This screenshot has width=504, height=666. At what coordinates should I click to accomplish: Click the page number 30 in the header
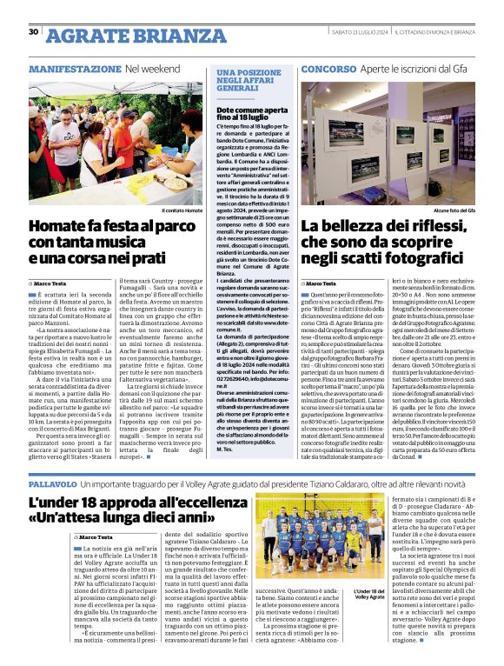34,32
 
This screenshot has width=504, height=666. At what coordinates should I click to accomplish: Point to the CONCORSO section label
328,68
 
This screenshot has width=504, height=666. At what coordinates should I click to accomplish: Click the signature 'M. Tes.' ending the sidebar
225,450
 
